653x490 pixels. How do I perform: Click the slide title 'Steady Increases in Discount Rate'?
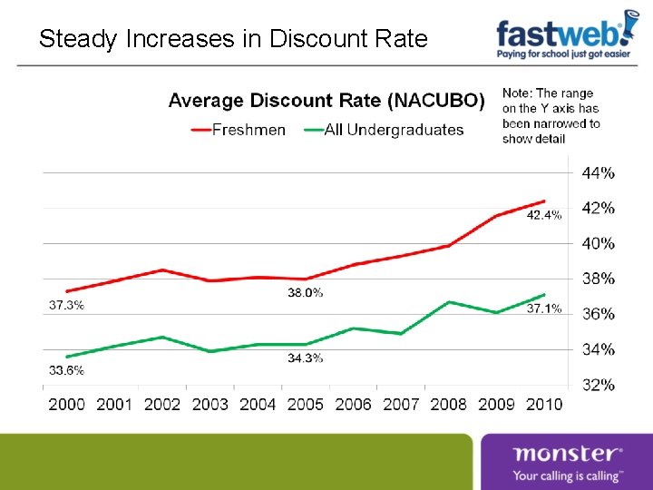pos(233,39)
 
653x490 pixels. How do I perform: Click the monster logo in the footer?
pos(567,462)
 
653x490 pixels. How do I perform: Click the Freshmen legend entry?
pos(238,130)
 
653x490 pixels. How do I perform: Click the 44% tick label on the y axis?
pos(598,172)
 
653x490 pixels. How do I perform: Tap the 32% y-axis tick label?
pos(598,385)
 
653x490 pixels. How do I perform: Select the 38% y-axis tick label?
pos(598,279)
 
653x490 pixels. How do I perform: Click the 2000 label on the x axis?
pos(66,404)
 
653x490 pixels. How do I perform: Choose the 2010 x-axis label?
pos(543,404)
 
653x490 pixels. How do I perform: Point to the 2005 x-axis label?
pos(305,404)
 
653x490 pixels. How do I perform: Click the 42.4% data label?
pos(544,215)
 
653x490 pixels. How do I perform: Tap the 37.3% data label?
pos(66,305)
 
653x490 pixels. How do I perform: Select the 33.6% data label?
pos(66,370)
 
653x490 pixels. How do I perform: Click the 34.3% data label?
pos(306,358)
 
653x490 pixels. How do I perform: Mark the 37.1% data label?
pos(544,309)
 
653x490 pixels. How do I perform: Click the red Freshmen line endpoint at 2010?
pos(544,201)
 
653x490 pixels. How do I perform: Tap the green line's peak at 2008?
pos(449,302)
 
